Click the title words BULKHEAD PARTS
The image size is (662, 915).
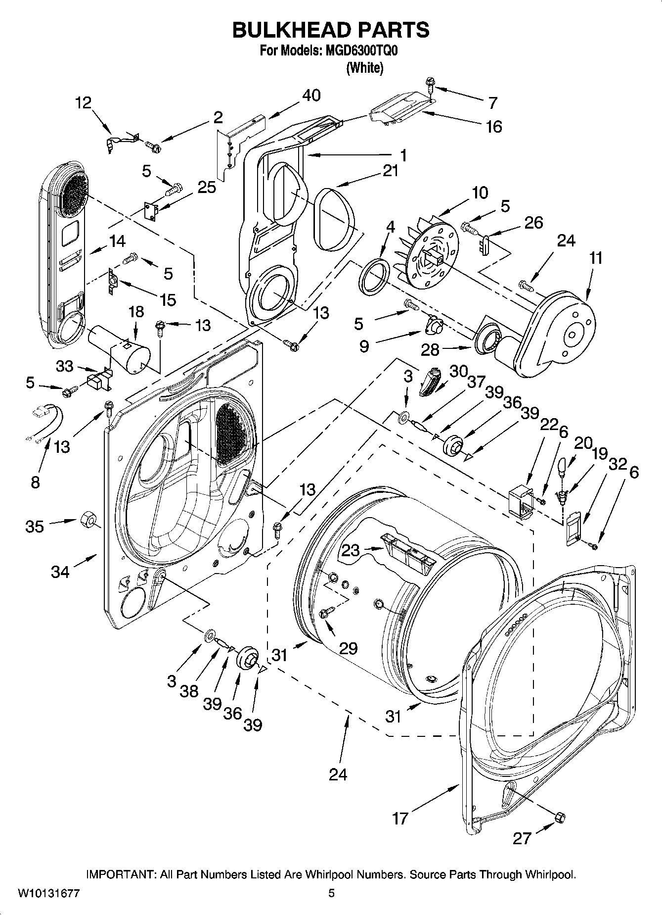331,30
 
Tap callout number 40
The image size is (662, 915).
311,95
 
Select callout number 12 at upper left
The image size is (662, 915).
83,103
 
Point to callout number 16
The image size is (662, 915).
493,127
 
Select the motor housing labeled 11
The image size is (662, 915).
559,332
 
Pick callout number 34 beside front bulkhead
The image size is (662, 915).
60,572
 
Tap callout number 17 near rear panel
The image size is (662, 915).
400,819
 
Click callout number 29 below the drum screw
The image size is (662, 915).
349,648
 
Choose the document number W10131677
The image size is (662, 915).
48,894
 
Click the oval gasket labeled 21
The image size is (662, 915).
336,218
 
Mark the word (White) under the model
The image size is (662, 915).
365,68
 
